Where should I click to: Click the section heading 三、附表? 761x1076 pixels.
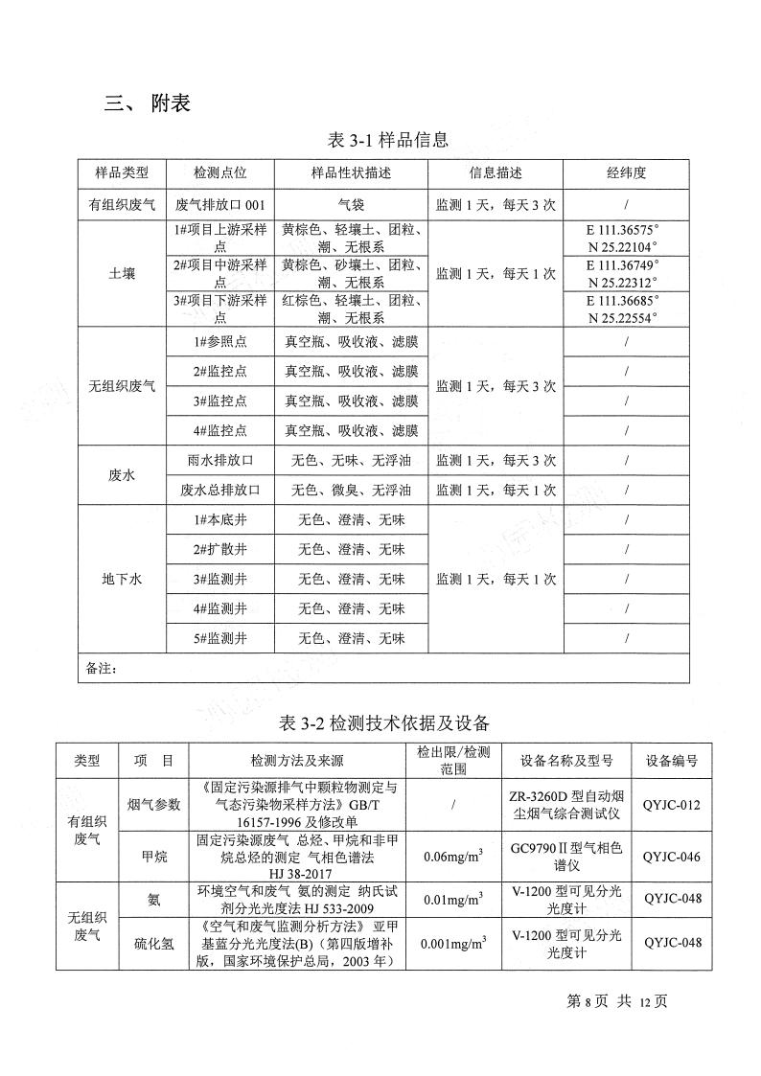pyautogui.click(x=148, y=103)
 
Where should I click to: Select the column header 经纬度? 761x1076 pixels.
pyautogui.click(x=626, y=173)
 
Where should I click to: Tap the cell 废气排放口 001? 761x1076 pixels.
pyautogui.click(x=219, y=204)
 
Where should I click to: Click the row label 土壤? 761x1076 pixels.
pyautogui.click(x=122, y=274)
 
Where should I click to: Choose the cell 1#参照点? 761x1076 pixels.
pyautogui.click(x=219, y=342)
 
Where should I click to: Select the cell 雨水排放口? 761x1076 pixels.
pyautogui.click(x=219, y=460)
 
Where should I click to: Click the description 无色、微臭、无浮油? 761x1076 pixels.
pyautogui.click(x=351, y=490)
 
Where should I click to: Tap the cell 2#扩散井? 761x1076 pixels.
pyautogui.click(x=219, y=549)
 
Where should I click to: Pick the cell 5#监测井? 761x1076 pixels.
pyautogui.click(x=219, y=637)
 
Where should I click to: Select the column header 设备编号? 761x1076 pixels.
pyautogui.click(x=672, y=761)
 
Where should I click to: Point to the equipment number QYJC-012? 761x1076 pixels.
pyautogui.click(x=672, y=804)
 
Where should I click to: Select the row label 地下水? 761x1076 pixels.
pyautogui.click(x=122, y=579)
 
